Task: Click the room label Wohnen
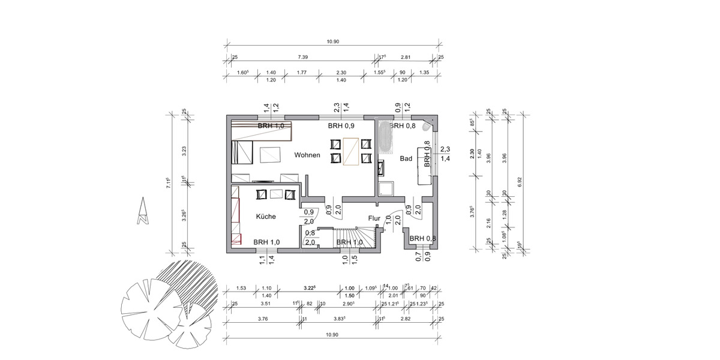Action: point(307,155)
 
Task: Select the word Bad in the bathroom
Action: point(406,158)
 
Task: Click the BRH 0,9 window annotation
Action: point(341,127)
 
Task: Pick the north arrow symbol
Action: point(142,212)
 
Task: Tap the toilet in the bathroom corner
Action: point(427,127)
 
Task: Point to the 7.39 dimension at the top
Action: point(304,57)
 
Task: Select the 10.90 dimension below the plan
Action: point(332,334)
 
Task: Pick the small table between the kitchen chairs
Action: point(277,194)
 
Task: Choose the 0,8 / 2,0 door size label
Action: point(310,238)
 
